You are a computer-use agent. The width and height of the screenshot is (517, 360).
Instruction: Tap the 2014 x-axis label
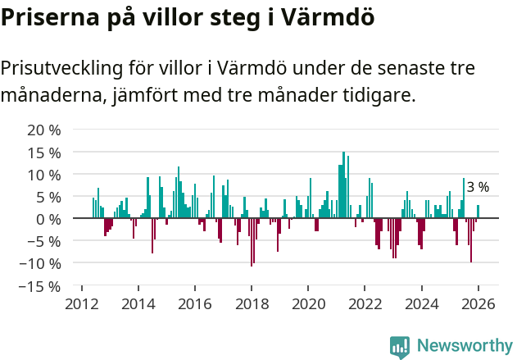(138, 303)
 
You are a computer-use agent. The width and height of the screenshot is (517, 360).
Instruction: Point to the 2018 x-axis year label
(252, 303)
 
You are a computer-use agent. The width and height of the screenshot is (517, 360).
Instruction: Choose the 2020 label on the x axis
(308, 303)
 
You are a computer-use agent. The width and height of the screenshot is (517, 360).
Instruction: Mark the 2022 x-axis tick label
(365, 303)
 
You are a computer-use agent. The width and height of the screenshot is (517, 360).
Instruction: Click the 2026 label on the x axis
(478, 303)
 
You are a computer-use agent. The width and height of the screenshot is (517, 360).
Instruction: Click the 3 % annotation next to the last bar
(478, 188)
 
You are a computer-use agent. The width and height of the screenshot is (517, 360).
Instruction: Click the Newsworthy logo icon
(400, 346)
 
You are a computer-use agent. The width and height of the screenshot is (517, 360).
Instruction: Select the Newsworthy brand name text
(464, 346)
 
